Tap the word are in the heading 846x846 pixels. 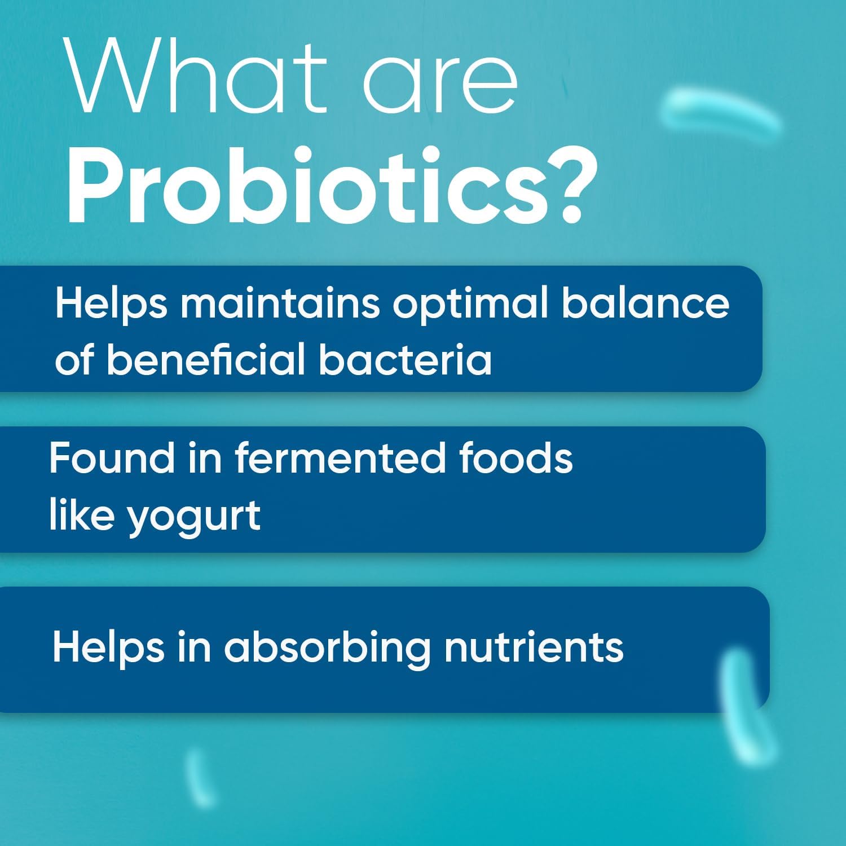(440, 79)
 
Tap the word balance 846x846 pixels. (645, 303)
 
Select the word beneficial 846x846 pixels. (206, 359)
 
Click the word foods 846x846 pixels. (515, 457)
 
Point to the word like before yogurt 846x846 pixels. (82, 514)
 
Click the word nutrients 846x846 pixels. (534, 647)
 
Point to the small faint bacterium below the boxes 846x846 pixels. (200, 775)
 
